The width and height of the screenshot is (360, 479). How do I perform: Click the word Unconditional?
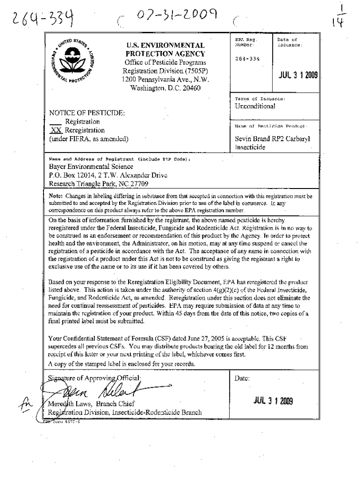pyautogui.click(x=255, y=106)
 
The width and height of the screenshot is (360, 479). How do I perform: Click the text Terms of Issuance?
pyautogui.click(x=260, y=99)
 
